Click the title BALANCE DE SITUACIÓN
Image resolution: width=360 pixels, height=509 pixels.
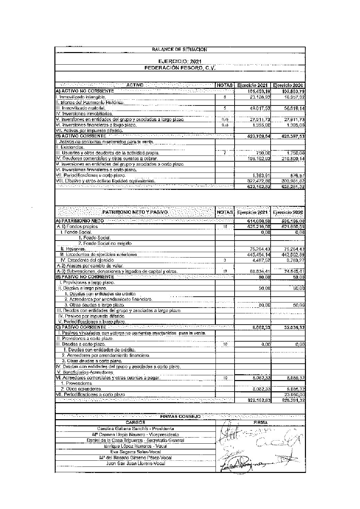179,50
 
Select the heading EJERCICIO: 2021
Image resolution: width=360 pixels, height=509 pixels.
180,61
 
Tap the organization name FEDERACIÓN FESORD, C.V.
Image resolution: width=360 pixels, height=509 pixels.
180,68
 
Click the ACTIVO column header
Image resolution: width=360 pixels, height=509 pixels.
135,85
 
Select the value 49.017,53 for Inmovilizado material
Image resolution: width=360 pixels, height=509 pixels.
258,108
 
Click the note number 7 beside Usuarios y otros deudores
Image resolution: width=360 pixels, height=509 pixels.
225,153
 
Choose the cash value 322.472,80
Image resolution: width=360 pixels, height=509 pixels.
258,181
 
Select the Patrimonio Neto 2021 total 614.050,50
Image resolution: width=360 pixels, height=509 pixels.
258,221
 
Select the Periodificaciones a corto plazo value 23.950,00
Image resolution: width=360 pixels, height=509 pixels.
294,394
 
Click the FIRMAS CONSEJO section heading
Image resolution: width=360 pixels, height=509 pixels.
180,416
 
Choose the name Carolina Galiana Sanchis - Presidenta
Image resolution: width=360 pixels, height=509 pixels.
135,429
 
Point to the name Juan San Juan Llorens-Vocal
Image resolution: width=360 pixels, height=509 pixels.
135,463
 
